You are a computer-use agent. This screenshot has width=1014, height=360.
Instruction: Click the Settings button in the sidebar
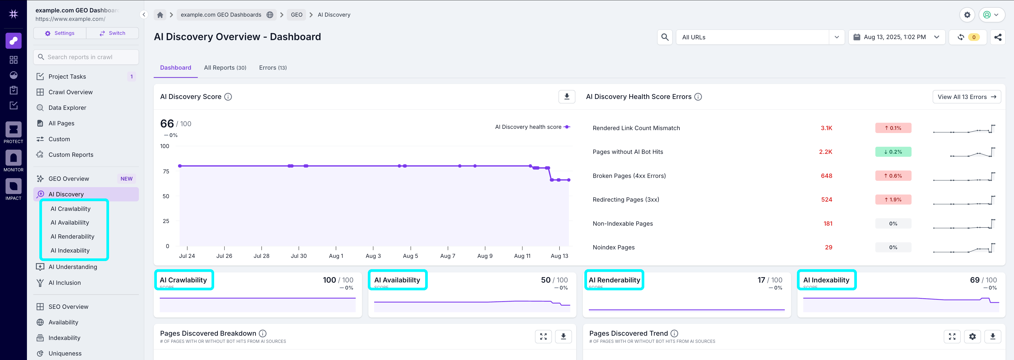click(60, 33)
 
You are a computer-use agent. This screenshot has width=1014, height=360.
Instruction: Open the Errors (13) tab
click(273, 68)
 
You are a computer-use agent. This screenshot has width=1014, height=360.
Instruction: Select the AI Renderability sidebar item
click(72, 236)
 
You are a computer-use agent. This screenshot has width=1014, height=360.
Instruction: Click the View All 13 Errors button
click(966, 97)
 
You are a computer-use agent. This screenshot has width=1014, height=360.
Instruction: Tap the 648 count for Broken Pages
click(826, 176)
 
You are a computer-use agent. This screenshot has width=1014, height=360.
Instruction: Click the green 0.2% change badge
click(893, 152)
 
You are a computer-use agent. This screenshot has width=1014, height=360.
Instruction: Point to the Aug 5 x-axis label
click(410, 256)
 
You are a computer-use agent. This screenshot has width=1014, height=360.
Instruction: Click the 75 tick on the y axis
click(166, 172)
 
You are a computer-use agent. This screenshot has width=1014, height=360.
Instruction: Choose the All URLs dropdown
click(760, 37)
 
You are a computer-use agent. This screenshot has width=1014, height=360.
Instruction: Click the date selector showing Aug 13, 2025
click(896, 37)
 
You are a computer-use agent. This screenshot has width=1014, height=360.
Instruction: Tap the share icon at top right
click(997, 37)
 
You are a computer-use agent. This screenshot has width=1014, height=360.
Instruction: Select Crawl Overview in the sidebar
click(71, 92)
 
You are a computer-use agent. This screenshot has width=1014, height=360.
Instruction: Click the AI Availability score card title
click(397, 280)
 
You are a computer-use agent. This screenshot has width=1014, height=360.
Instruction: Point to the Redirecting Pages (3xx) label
click(626, 200)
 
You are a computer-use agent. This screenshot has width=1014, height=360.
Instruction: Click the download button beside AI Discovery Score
click(566, 97)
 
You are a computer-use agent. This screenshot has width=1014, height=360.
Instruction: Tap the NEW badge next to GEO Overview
click(126, 179)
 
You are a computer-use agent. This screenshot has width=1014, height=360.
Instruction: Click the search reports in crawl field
click(86, 57)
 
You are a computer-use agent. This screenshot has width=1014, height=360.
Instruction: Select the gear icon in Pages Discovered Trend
click(972, 337)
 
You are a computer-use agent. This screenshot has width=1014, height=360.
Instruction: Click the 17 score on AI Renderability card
click(761, 280)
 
